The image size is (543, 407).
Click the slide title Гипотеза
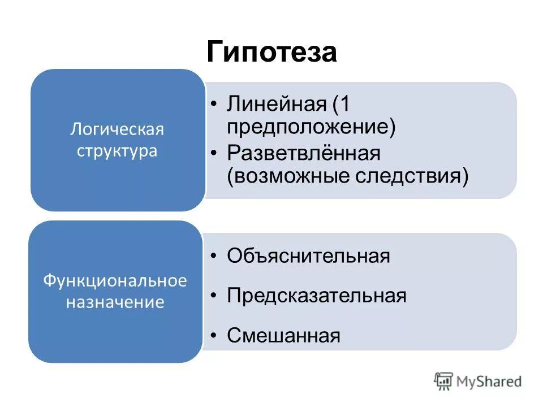(x=271, y=53)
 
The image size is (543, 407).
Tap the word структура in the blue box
(x=117, y=152)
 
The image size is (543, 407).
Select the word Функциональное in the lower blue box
(x=115, y=281)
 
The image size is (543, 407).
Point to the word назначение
(x=115, y=302)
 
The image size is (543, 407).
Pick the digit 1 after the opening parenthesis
(x=346, y=105)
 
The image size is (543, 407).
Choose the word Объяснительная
(x=308, y=256)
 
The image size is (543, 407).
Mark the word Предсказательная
(x=317, y=296)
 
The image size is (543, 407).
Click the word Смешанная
(x=283, y=336)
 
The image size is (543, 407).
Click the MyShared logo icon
(x=444, y=381)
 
